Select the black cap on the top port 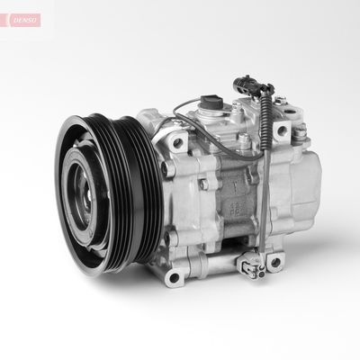point(213,99)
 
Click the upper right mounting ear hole point(281,131)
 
